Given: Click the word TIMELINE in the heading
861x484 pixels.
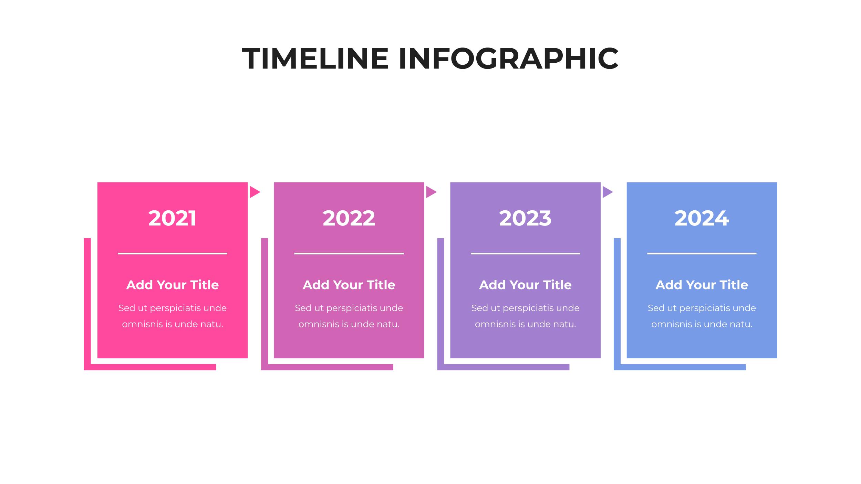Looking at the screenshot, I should click(315, 59).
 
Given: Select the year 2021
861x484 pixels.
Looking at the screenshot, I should click(172, 218).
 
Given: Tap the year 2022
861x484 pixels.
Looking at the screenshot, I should click(349, 218).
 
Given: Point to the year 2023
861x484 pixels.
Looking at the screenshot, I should click(525, 218).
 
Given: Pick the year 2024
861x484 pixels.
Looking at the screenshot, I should click(702, 218).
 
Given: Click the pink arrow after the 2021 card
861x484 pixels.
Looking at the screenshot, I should click(254, 192).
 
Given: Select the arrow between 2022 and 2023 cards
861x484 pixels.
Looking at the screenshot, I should click(430, 192).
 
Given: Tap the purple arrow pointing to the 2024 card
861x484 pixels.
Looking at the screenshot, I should click(607, 192).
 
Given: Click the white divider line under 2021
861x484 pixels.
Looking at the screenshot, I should click(172, 253).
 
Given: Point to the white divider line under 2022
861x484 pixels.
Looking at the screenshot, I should click(349, 253).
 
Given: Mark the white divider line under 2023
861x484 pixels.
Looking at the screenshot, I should click(525, 253).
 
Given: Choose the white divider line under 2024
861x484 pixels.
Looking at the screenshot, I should click(702, 253).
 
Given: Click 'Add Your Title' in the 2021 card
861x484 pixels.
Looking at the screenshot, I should click(172, 285).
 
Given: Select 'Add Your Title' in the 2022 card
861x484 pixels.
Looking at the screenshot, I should click(349, 285).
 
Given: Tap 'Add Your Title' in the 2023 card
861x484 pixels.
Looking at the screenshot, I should click(525, 285).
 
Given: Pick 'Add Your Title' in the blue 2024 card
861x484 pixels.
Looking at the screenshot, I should click(702, 285).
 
